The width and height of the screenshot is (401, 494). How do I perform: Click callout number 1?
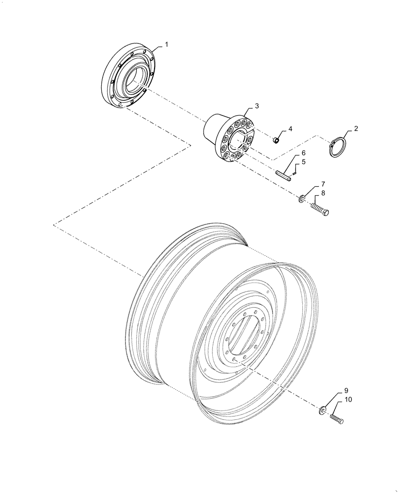[166, 45]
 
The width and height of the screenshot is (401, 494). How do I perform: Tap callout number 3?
[256, 106]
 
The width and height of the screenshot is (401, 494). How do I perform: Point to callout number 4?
[290, 129]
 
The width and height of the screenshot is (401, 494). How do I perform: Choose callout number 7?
[322, 185]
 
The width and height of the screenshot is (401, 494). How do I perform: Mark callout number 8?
[322, 193]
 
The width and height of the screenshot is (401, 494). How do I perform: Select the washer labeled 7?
[301, 199]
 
